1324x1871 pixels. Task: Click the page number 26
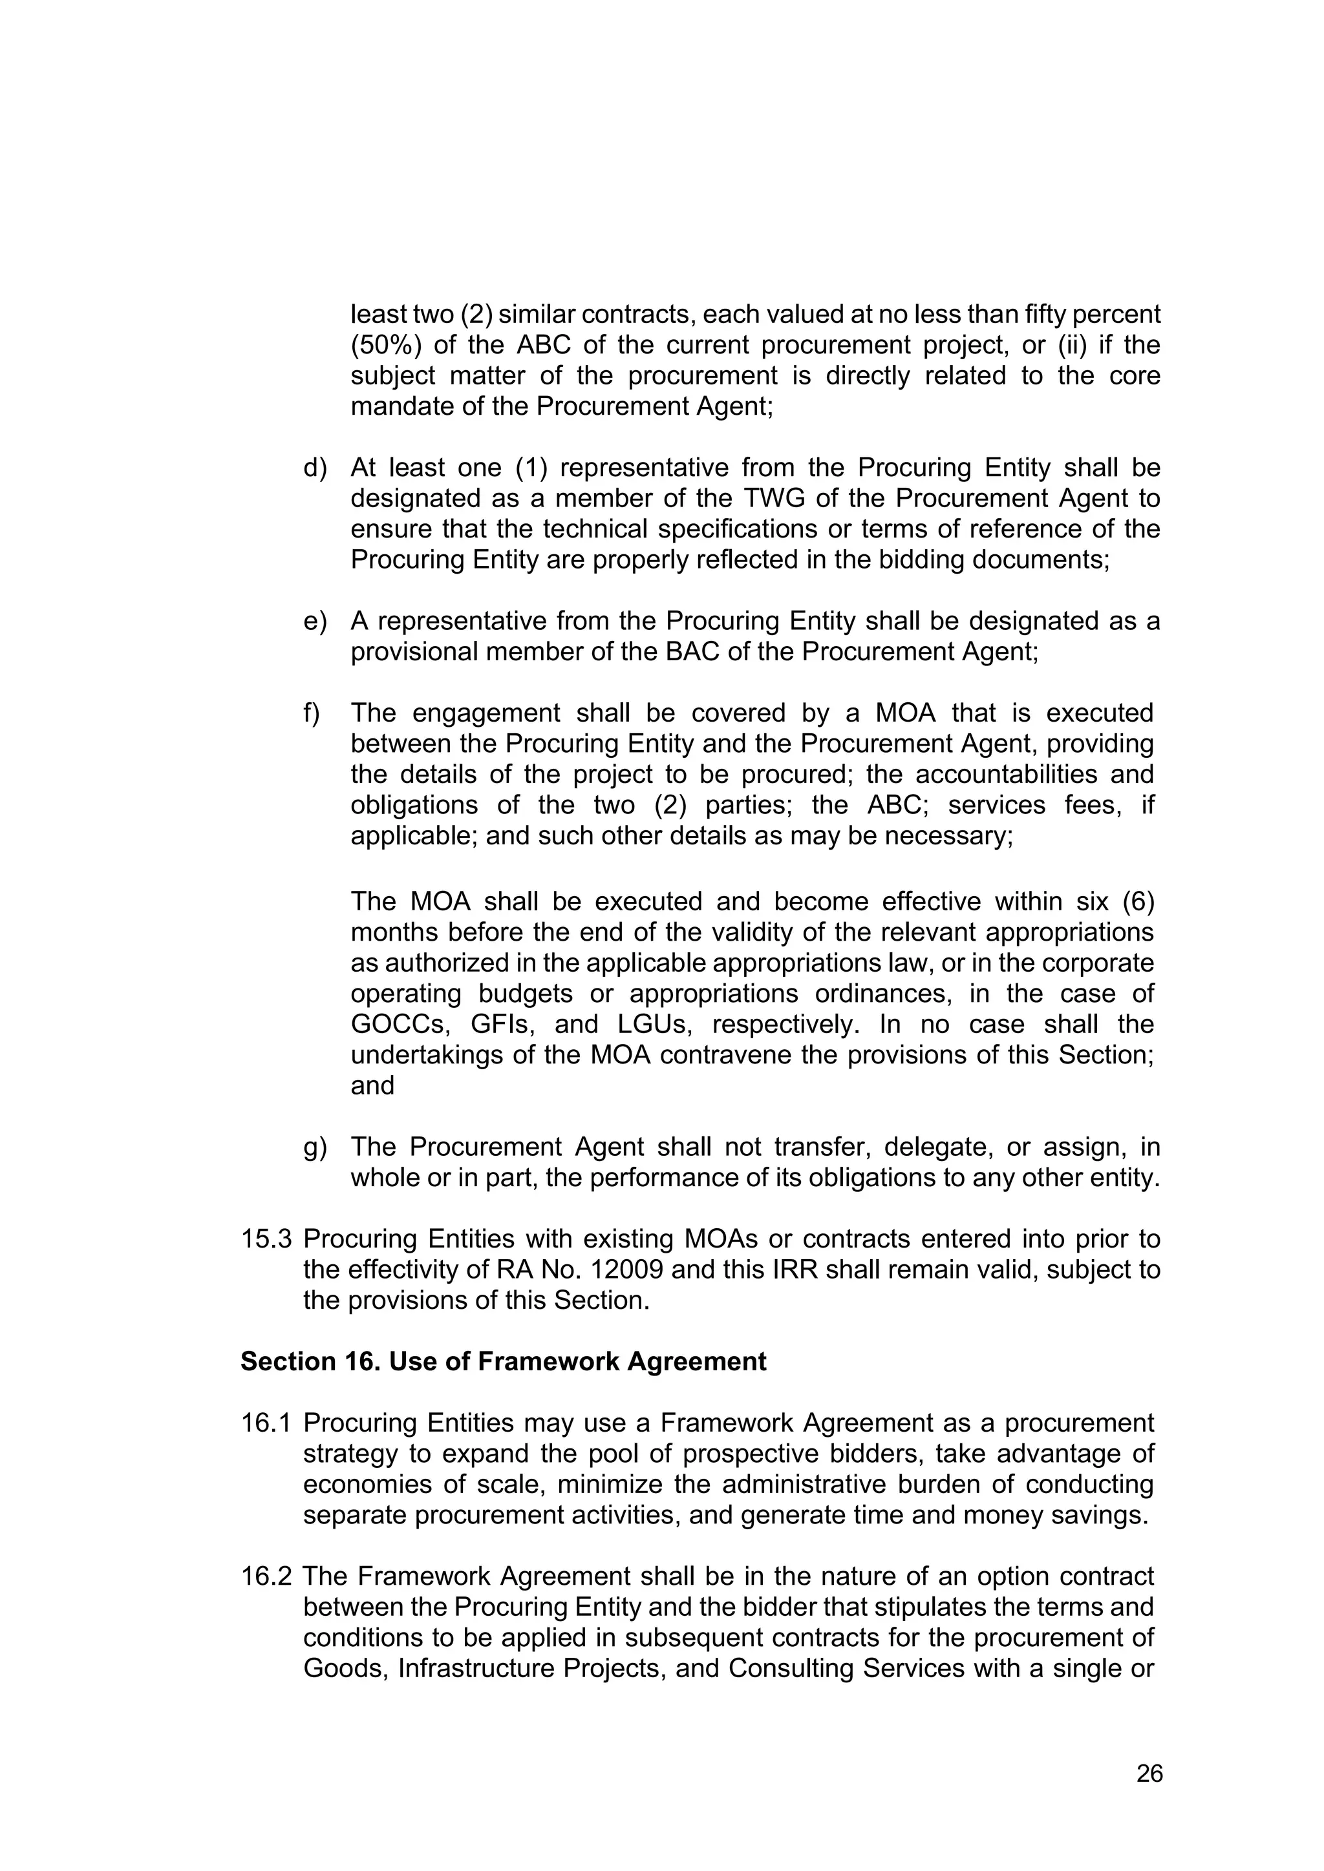1149,1773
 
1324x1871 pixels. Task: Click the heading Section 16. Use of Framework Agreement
503,1362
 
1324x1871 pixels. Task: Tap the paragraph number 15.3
266,1239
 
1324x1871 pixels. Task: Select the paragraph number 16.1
266,1423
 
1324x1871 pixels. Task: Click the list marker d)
315,468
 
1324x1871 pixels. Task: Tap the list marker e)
315,621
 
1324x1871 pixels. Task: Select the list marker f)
312,713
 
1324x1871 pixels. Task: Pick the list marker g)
315,1147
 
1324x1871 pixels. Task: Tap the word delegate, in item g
937,1147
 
